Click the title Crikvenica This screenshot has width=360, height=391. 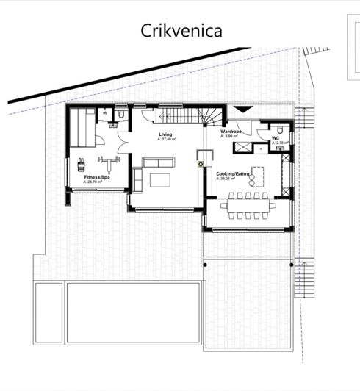click(181, 31)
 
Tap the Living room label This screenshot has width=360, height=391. click(165, 135)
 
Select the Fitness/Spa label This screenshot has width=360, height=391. click(97, 178)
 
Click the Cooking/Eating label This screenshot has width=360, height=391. click(231, 173)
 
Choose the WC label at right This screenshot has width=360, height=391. click(276, 137)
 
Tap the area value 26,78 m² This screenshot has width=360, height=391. click(96, 182)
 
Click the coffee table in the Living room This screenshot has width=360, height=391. click(161, 179)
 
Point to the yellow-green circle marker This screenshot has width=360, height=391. click(201, 165)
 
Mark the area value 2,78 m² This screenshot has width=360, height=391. click(278, 142)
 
